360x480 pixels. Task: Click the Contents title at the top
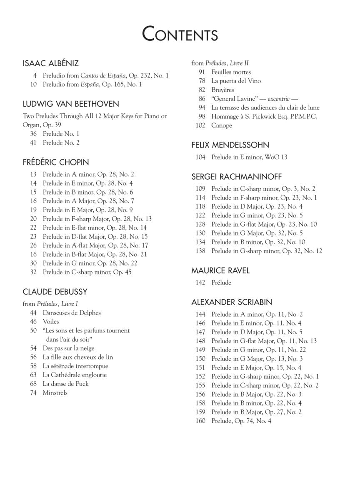pyautogui.click(x=180, y=34)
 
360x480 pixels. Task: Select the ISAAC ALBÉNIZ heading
pyautogui.click(x=50, y=63)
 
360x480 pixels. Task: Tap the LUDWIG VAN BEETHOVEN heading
pyautogui.click(x=71, y=104)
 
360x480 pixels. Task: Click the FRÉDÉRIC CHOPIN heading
pyautogui.click(x=56, y=162)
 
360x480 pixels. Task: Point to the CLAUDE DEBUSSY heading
pyautogui.click(x=55, y=292)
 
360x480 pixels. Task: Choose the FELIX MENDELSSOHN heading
pyautogui.click(x=230, y=145)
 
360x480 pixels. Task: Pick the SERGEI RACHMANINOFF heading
pyautogui.click(x=236, y=177)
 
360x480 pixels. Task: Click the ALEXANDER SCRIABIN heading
pyautogui.click(x=232, y=302)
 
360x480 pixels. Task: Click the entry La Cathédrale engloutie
pyautogui.click(x=75, y=375)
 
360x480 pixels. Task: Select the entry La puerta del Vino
pyautogui.click(x=236, y=81)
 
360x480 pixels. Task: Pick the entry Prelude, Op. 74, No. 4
pyautogui.click(x=241, y=421)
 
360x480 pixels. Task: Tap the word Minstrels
pyautogui.click(x=55, y=392)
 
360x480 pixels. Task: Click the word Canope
pyautogui.click(x=222, y=125)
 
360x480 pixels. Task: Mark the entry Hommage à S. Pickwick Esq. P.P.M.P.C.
pyautogui.click(x=264, y=117)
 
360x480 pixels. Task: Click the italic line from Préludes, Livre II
pyautogui.click(x=220, y=63)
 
